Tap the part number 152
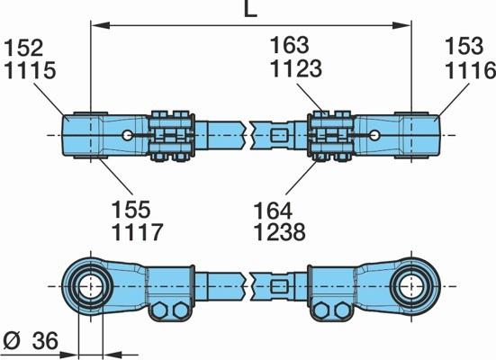(x=23, y=48)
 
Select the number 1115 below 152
(x=30, y=70)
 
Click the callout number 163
(x=289, y=45)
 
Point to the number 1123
(x=296, y=68)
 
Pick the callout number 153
(x=464, y=46)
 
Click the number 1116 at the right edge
(x=471, y=70)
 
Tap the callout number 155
(x=131, y=209)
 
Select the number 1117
(x=137, y=232)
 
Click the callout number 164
(x=273, y=211)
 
